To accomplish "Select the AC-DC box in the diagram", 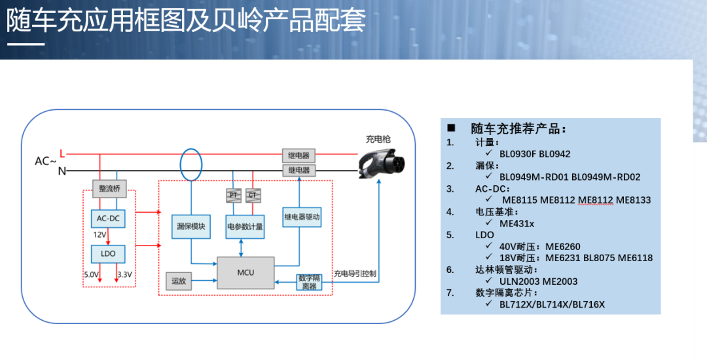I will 107,218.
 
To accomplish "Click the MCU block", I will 245,272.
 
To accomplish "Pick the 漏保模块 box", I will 191,226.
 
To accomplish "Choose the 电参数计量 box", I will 245,226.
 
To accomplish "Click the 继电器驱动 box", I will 302,216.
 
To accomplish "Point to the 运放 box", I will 179,281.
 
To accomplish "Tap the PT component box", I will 234,194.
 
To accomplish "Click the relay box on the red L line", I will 299,155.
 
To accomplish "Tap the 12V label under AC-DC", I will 100,234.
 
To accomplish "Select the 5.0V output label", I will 92,274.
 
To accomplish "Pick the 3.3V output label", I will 124,274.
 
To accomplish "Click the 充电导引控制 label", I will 355,274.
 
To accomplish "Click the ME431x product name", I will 517,223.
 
